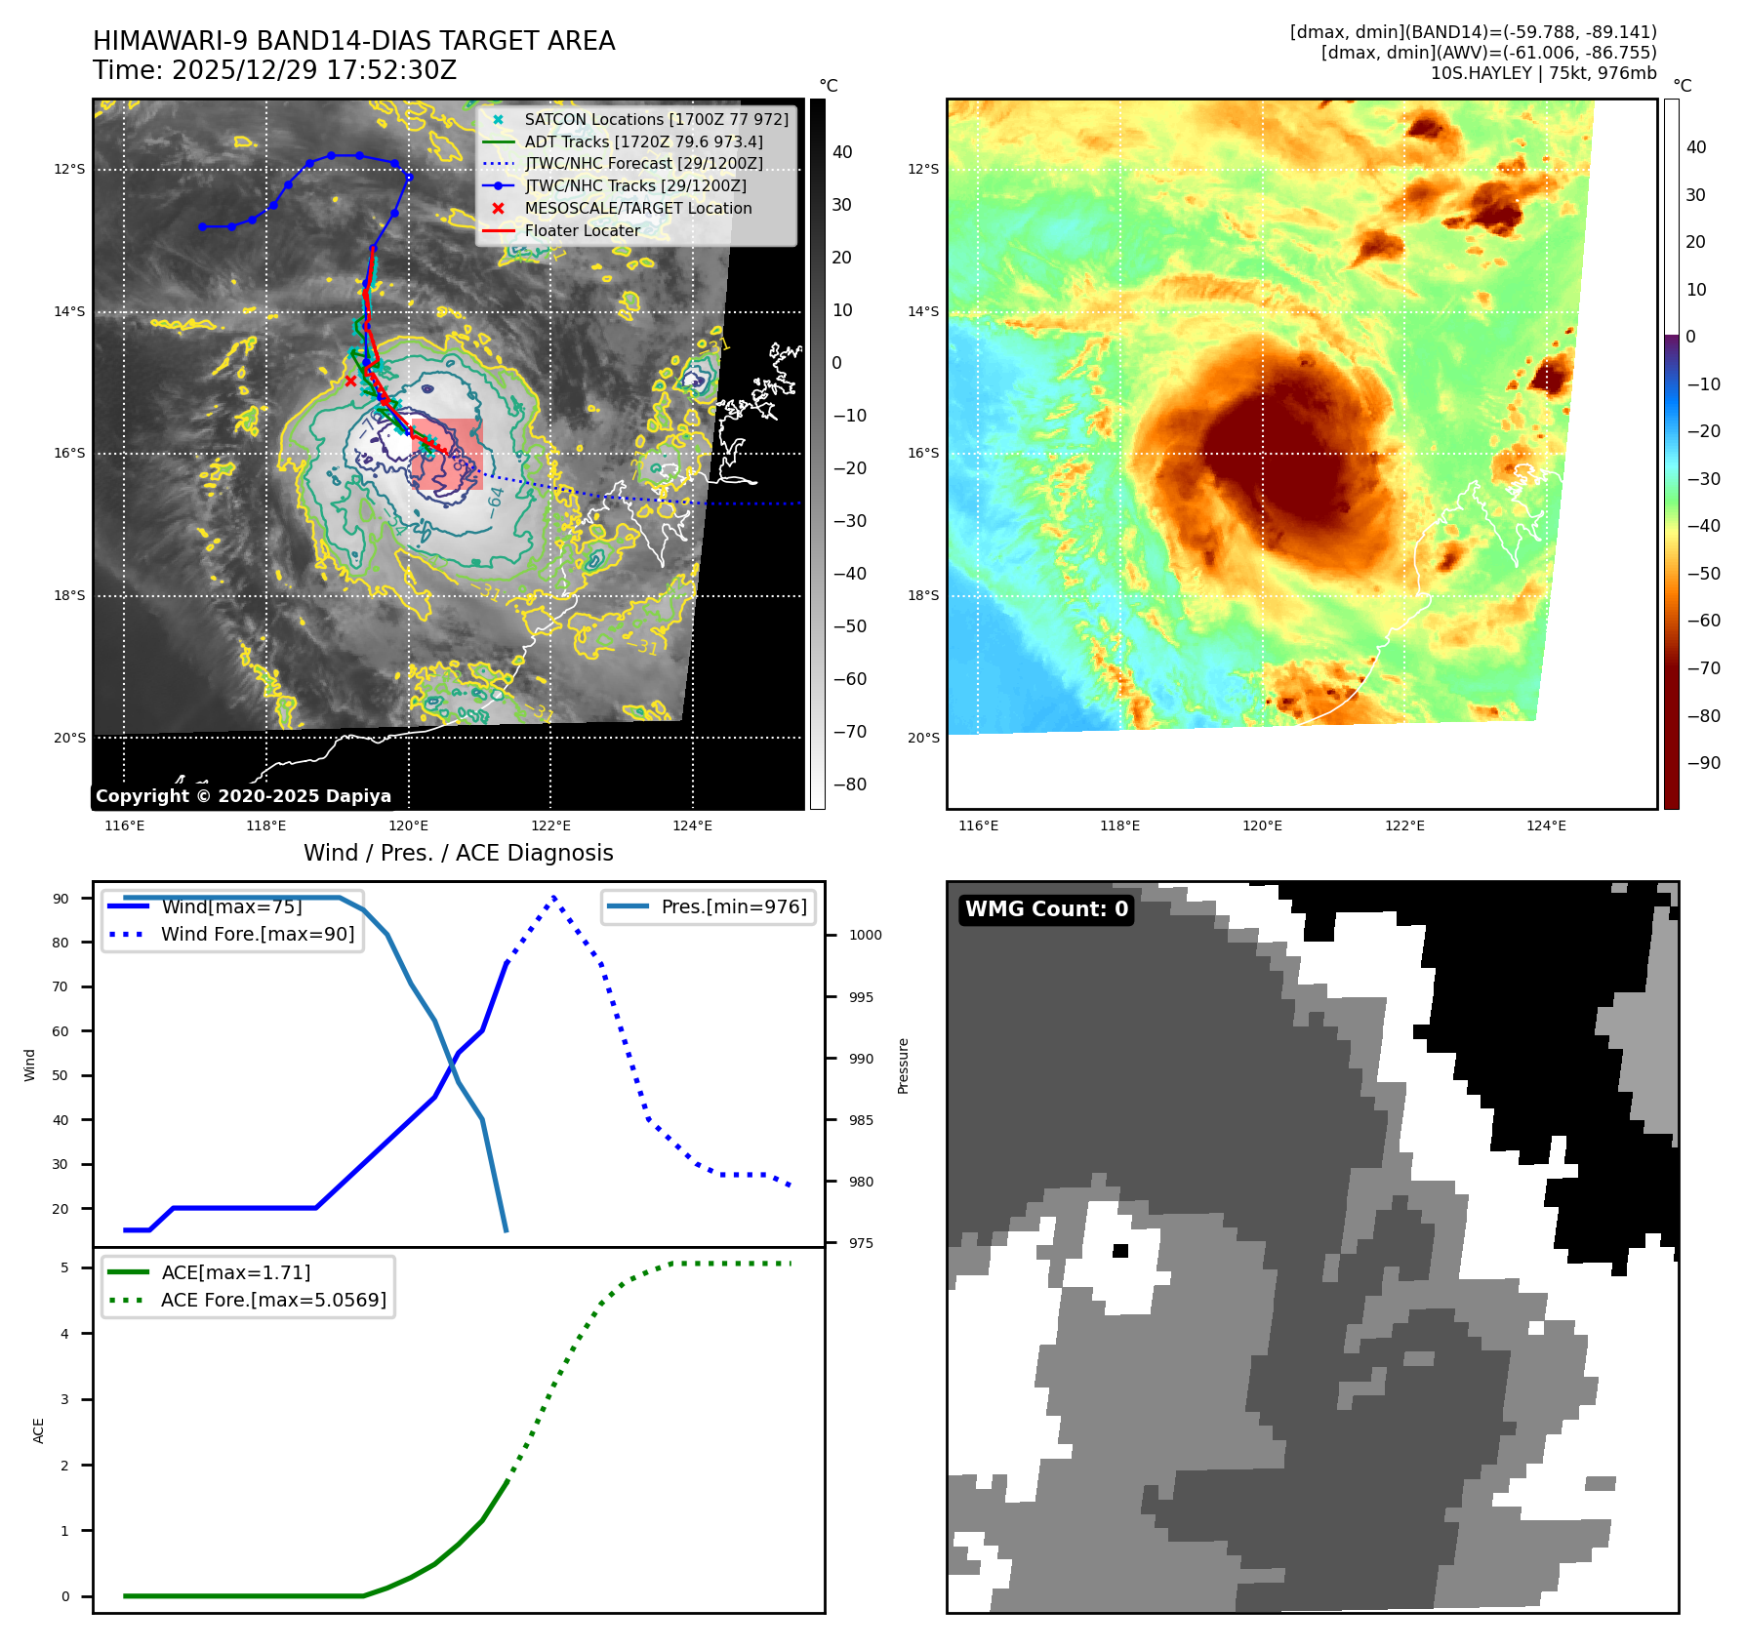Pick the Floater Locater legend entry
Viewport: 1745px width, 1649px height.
pyautogui.click(x=583, y=230)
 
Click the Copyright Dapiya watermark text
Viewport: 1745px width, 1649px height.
pyautogui.click(x=243, y=796)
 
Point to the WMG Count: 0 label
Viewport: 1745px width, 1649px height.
pyautogui.click(x=1046, y=909)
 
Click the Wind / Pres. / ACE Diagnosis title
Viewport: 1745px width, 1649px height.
pyautogui.click(x=458, y=853)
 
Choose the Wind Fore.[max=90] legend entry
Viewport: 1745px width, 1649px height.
pyautogui.click(x=258, y=934)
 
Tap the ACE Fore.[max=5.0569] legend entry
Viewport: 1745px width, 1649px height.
pyautogui.click(x=273, y=1300)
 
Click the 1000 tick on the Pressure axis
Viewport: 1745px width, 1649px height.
pyautogui.click(x=865, y=935)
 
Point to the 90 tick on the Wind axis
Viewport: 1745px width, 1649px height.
pyautogui.click(x=61, y=899)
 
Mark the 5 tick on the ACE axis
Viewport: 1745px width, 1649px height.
pyautogui.click(x=65, y=1267)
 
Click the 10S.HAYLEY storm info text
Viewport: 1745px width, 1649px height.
pyautogui.click(x=1543, y=73)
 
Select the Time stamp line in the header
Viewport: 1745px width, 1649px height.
pyautogui.click(x=274, y=70)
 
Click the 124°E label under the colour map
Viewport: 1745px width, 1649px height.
pyautogui.click(x=1546, y=825)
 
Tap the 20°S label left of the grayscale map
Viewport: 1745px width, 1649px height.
pyautogui.click(x=69, y=738)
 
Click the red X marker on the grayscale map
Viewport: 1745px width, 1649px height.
pyautogui.click(x=350, y=381)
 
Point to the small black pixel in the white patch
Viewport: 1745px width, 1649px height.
pyautogui.click(x=1120, y=1251)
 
